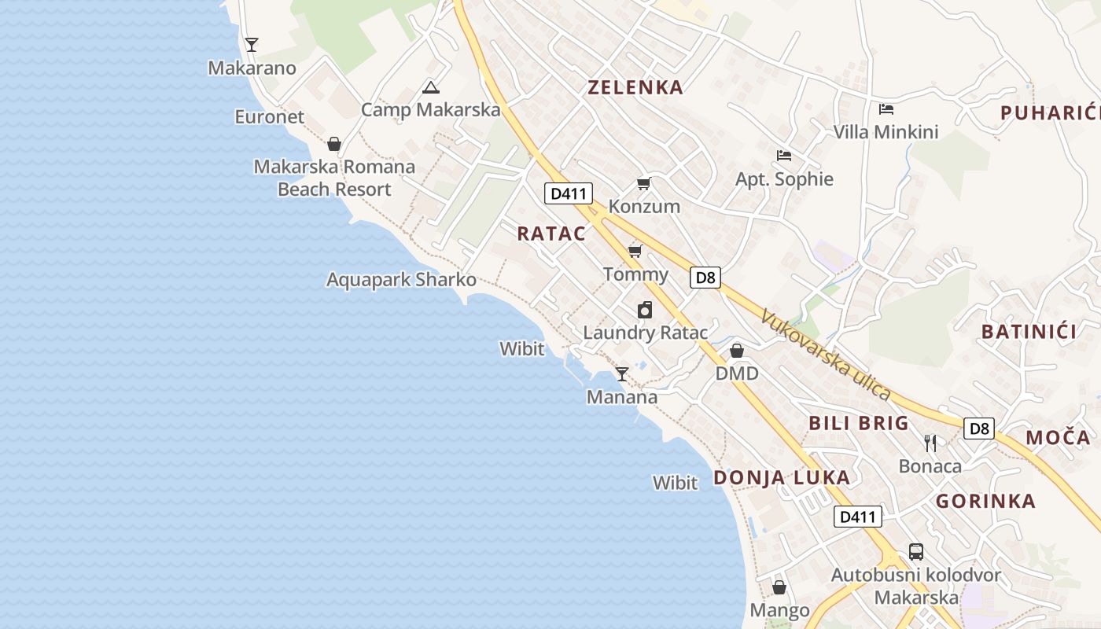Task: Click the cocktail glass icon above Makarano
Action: (252, 45)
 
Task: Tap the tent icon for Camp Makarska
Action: (429, 87)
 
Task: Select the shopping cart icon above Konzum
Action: (644, 184)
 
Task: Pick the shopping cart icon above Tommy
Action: (635, 252)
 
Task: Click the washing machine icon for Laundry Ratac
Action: (645, 310)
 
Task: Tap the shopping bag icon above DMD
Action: (737, 351)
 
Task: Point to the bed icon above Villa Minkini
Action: (886, 109)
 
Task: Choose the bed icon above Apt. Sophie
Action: (783, 156)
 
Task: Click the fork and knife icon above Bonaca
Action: (930, 443)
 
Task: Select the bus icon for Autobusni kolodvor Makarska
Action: (916, 552)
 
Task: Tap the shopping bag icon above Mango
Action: (779, 587)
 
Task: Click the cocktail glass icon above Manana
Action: (622, 374)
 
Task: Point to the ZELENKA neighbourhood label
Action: (635, 87)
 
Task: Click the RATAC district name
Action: (551, 234)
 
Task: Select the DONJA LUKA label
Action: (782, 477)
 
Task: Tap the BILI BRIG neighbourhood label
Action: (859, 423)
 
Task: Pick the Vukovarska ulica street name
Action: (827, 355)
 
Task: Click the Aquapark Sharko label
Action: (401, 279)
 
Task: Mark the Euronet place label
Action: (269, 117)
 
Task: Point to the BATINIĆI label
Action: (1029, 332)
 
